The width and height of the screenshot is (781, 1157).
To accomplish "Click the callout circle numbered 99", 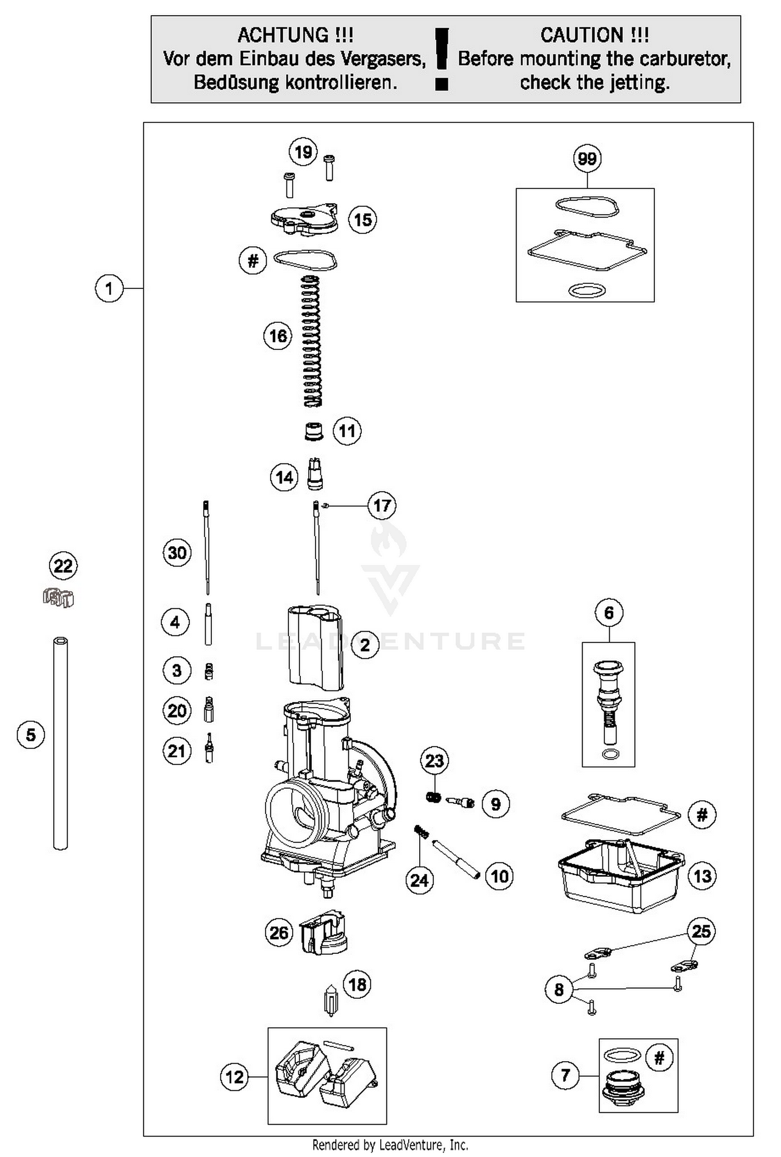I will coord(587,159).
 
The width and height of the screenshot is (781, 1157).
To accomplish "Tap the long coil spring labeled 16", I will coord(312,341).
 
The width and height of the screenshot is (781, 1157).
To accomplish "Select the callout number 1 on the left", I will coord(109,288).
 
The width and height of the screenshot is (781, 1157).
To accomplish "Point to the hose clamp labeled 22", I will coord(58,597).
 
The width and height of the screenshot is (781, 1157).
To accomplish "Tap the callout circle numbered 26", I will coord(279,933).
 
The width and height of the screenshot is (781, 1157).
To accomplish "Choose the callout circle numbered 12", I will coord(234,1076).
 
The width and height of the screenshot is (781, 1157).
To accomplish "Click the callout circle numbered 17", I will coord(382,506).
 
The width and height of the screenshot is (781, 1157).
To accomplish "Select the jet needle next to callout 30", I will coord(207,547).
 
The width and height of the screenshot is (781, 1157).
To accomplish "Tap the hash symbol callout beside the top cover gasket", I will coord(253,260).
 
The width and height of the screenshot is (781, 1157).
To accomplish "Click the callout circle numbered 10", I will coord(499,876).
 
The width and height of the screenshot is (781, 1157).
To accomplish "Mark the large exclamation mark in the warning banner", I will coord(442,58).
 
